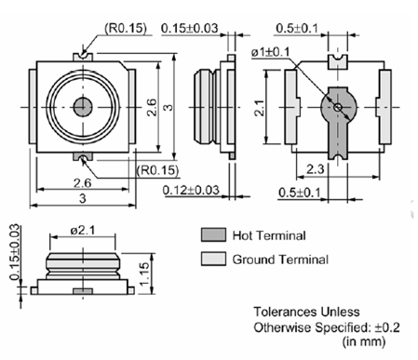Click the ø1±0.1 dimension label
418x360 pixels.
[x=270, y=52]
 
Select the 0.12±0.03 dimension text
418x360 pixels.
[x=191, y=190]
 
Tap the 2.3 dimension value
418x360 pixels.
[x=315, y=169]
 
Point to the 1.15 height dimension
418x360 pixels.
[x=144, y=274]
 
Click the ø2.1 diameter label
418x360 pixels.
[x=83, y=231]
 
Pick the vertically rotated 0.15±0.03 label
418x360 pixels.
[x=16, y=252]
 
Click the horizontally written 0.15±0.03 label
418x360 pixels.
[x=190, y=28]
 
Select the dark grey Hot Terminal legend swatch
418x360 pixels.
[x=213, y=234]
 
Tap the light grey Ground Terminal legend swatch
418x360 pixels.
[x=213, y=259]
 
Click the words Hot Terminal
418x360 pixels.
[x=269, y=235]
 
